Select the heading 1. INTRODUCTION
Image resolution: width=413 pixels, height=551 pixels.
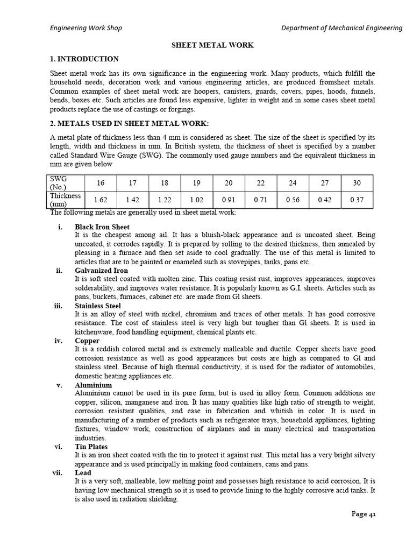[84, 59]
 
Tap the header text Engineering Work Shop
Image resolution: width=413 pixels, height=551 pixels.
[86, 28]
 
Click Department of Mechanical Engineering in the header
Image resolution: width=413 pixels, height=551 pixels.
[341, 28]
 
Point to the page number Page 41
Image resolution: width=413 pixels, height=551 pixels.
[364, 514]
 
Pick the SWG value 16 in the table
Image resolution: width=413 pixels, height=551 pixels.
[100, 183]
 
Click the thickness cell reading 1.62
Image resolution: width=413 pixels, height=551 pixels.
[100, 200]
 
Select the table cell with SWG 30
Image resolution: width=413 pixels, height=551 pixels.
[357, 183]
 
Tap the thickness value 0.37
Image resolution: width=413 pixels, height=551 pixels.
[357, 200]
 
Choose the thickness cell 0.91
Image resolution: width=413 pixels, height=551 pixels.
[229, 200]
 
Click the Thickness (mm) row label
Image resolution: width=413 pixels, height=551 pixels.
[65, 200]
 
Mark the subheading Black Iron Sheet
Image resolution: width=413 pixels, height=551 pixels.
[102, 227]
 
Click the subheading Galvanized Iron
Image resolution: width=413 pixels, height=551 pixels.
[101, 270]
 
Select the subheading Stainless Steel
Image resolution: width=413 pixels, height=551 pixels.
[98, 306]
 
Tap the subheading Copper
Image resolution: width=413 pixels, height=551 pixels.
[87, 341]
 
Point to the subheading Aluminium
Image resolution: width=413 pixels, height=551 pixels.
[93, 385]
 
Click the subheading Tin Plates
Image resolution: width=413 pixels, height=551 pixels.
[91, 447]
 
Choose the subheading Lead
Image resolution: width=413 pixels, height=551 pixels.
[83, 473]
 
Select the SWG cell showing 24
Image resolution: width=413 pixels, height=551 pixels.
[293, 183]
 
